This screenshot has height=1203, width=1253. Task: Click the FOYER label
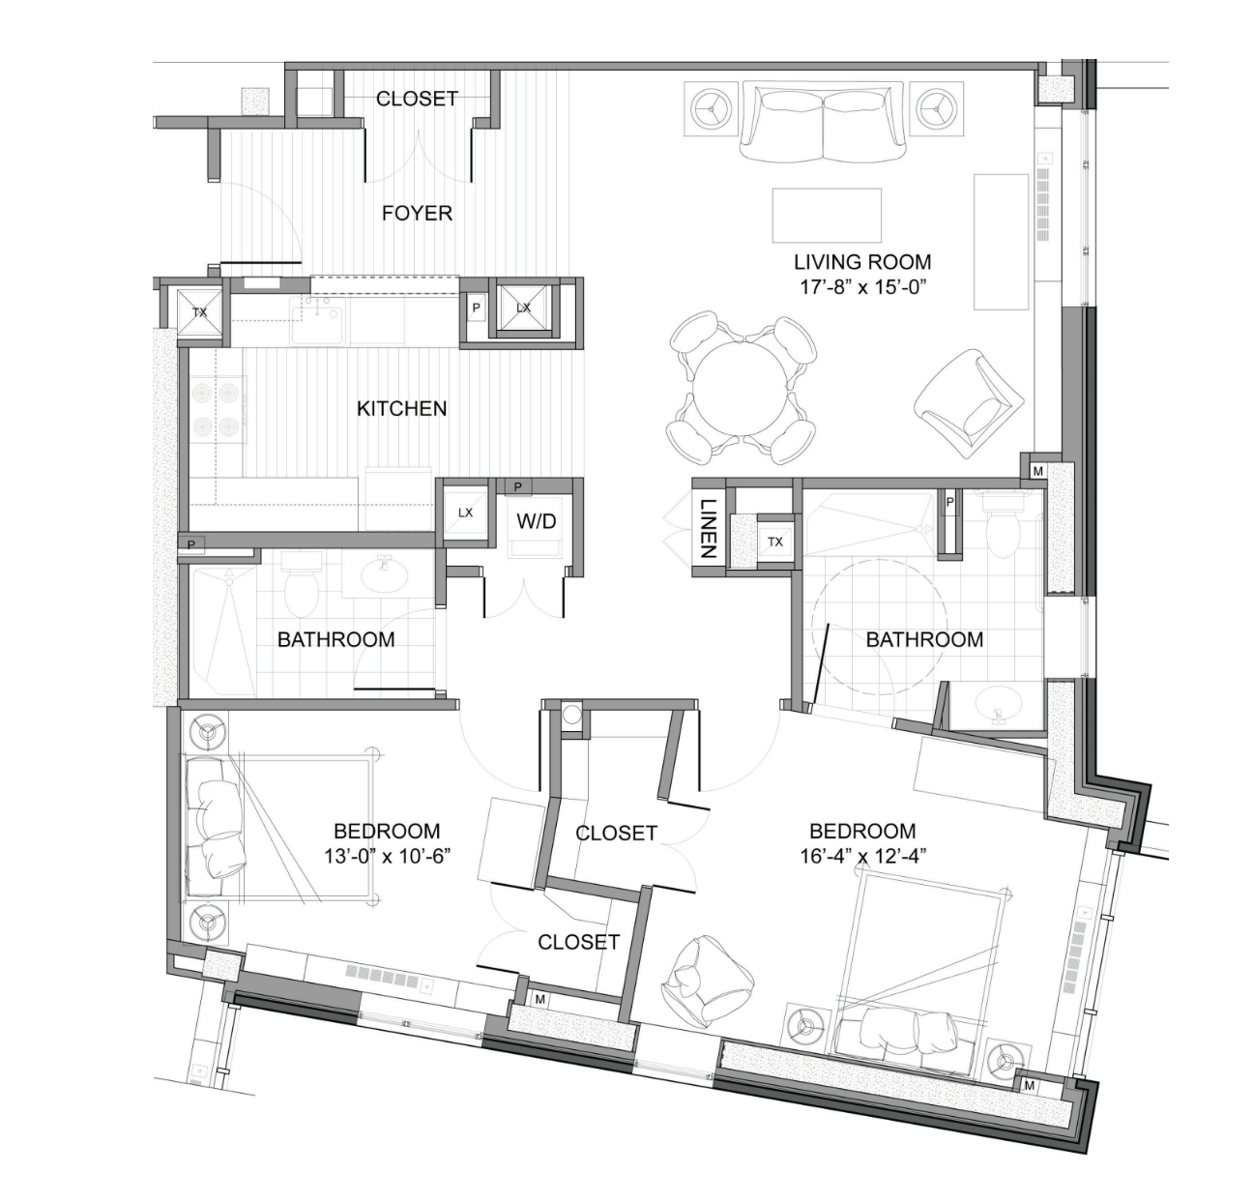[x=417, y=213]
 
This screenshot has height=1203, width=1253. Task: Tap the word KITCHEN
[x=401, y=408]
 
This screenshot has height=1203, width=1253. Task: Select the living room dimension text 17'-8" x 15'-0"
[x=862, y=286]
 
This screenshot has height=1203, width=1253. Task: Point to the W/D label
[x=536, y=521]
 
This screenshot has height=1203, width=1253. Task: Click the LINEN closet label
[x=707, y=528]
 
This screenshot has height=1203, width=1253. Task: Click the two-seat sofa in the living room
[x=823, y=122]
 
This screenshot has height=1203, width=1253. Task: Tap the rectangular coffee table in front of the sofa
[x=827, y=215]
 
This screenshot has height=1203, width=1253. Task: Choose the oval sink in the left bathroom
[x=386, y=576]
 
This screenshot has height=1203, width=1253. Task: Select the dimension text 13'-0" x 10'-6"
[x=387, y=856]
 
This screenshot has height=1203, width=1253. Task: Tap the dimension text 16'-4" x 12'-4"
[x=862, y=856]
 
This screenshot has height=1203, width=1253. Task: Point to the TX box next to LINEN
[x=774, y=542]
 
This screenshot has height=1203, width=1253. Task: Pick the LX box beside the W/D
[x=465, y=513]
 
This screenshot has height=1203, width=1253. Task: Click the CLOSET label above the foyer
[x=417, y=99]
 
